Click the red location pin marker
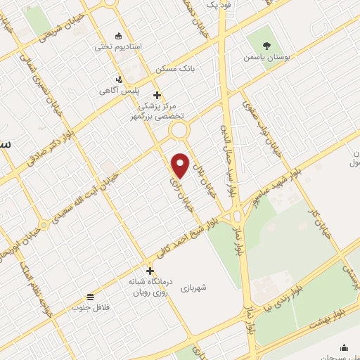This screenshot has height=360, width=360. click(x=181, y=165)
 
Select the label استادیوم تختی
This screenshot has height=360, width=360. click(x=118, y=47)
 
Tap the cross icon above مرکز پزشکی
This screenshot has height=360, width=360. click(x=157, y=95)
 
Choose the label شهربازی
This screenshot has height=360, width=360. click(x=193, y=288)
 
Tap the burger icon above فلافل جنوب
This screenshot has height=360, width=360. click(x=90, y=296)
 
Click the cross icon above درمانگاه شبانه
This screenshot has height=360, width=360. click(x=149, y=271)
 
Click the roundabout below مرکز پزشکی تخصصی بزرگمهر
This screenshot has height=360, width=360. click(x=179, y=130)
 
